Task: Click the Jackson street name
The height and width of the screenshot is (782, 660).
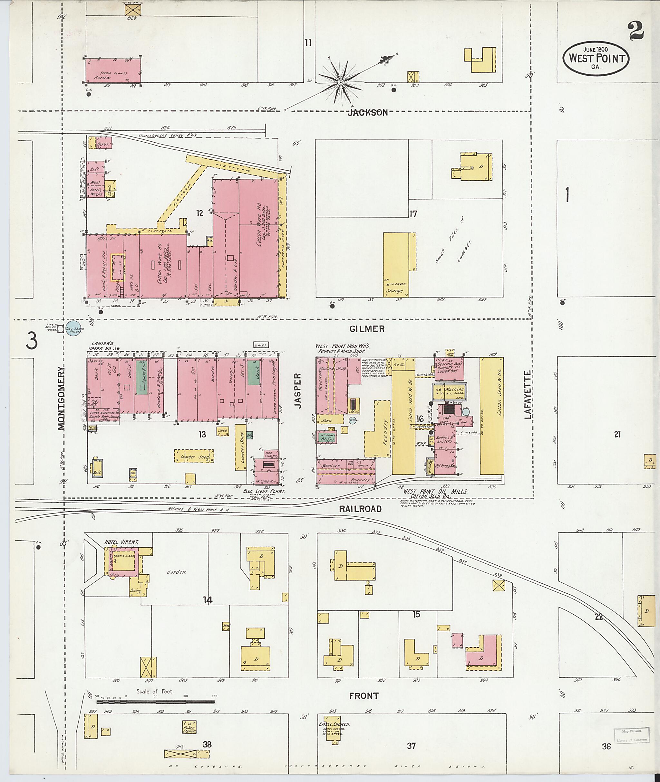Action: coord(367,112)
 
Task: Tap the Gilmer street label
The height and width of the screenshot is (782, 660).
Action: coord(367,329)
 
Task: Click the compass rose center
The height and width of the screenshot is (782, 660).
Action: coord(341,82)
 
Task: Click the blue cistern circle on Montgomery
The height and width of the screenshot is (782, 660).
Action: coord(74,329)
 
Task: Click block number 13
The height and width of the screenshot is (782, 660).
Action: coord(202,434)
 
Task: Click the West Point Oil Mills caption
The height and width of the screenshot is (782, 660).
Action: coord(435,492)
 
